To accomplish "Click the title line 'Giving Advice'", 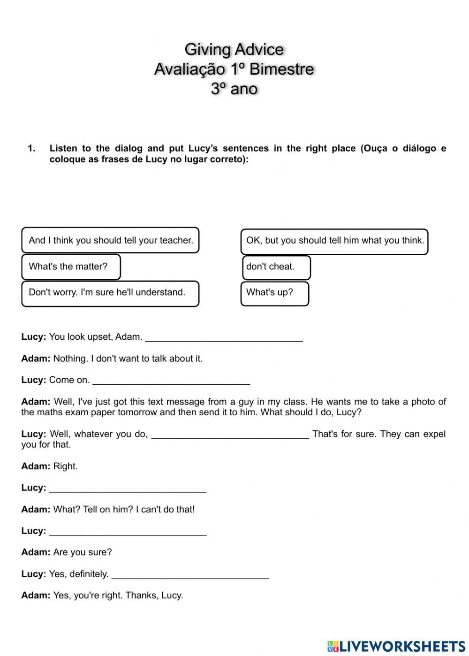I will click(234, 49).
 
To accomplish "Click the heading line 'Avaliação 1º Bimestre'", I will click(234, 69).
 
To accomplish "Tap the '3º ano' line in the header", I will click(234, 89).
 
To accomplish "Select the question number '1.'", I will click(31, 148).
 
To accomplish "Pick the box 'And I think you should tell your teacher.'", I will click(110, 240).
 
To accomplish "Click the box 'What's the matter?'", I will click(71, 267).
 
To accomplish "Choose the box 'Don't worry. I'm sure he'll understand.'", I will click(110, 293).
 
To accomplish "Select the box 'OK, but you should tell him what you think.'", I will click(334, 241).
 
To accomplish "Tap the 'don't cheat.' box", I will click(276, 267).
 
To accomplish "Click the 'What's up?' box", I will click(275, 293).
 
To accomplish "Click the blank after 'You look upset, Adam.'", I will click(224, 337).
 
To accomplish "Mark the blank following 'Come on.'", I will click(171, 380).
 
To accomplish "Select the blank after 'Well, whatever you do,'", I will click(230, 435).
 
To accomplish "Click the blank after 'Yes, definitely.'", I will click(190, 574).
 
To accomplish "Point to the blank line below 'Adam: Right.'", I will click(128, 488).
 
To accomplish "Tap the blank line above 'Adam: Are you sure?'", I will click(128, 531).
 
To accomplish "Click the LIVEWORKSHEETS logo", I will click(396, 646).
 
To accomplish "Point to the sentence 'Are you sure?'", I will click(83, 552).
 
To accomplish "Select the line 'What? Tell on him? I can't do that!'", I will click(124, 509).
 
